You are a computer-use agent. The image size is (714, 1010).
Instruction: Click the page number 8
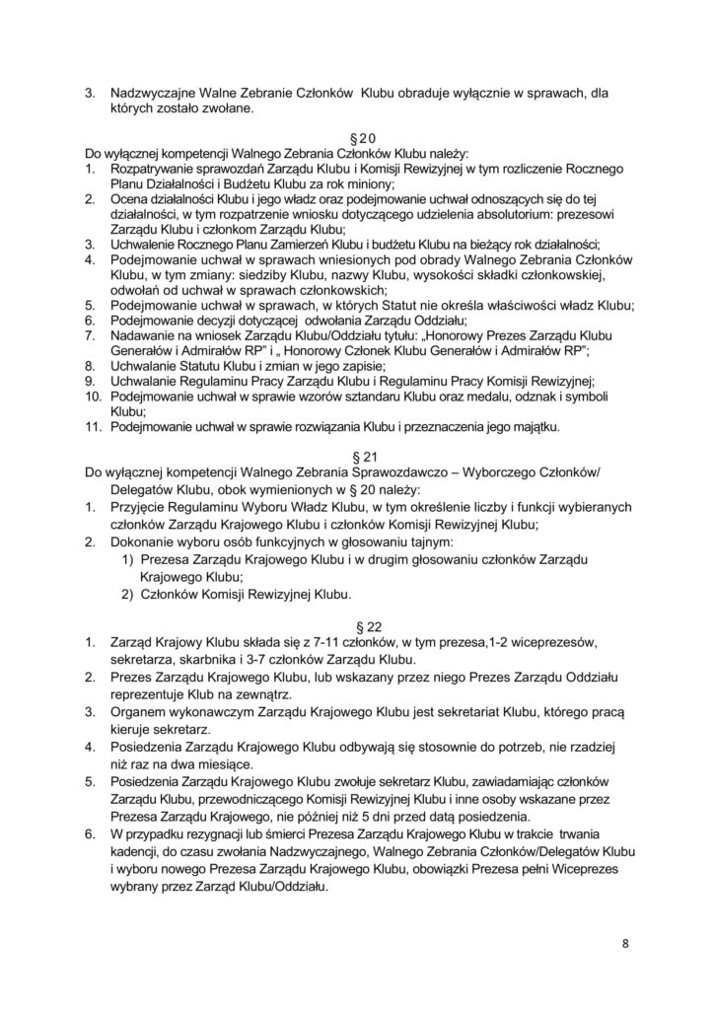(x=625, y=942)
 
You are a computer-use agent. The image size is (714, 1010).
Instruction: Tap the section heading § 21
(x=357, y=460)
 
